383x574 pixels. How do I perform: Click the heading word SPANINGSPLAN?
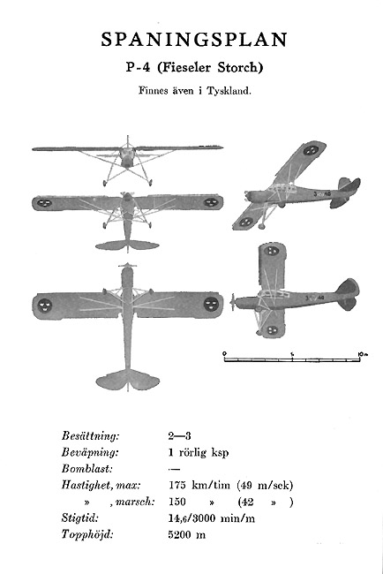coord(194,40)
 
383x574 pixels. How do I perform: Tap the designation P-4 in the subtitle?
coord(138,68)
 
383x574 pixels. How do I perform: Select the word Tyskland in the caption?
coord(229,91)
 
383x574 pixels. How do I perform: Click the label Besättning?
coord(90,436)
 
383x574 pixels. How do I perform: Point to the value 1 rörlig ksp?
coord(199,452)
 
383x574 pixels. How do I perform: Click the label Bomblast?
coord(87,469)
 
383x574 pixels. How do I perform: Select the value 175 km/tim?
coord(199,486)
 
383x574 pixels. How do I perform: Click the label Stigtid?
coord(79,518)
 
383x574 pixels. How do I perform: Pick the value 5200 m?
coord(186,535)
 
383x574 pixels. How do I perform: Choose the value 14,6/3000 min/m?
coord(212,518)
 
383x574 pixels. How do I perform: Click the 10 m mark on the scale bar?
coord(362,354)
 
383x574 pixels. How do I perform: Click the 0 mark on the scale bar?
coord(224,353)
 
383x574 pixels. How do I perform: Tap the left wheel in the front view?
coord(105,183)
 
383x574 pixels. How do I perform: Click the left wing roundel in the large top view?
coord(45,305)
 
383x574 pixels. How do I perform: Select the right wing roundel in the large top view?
coord(211,304)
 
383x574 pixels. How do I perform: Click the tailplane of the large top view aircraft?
coord(128,380)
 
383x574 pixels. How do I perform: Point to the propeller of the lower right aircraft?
coord(233,303)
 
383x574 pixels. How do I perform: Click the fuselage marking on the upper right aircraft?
coord(322,193)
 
